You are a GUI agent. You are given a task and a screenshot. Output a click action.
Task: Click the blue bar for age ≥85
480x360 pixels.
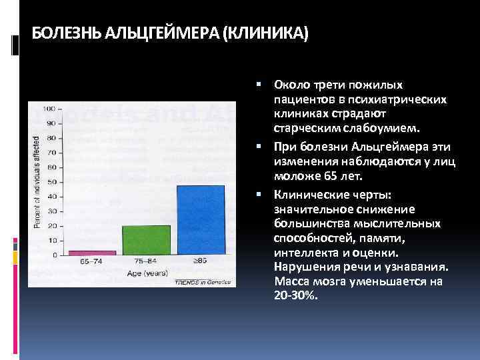pos(201,219)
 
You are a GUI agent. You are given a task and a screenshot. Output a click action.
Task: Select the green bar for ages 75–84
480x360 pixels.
pos(147,239)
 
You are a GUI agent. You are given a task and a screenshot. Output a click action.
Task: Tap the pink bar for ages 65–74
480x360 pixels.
pos(93,253)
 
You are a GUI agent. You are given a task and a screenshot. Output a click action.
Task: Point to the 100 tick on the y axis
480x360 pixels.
pos(49,108)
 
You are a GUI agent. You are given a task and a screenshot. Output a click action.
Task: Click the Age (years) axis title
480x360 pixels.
pos(147,273)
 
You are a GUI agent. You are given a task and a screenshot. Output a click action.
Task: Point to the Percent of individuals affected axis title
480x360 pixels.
pos(37,181)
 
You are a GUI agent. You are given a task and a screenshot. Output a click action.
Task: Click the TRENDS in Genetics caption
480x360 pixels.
pos(203,282)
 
